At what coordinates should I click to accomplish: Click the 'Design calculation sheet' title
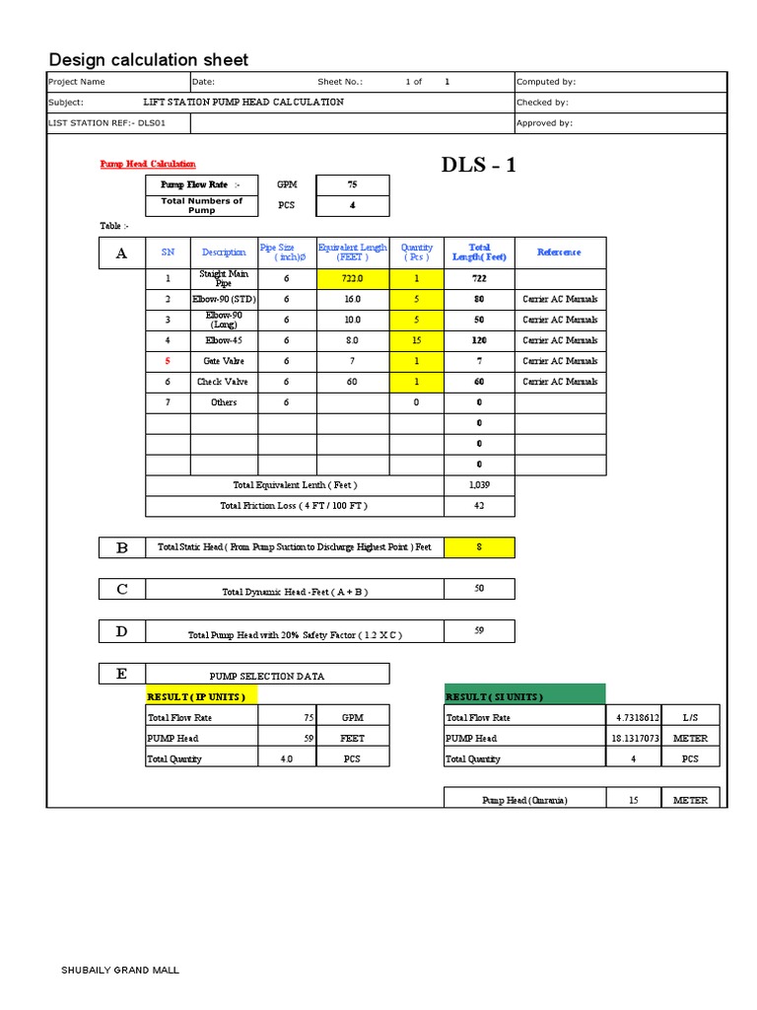[148, 60]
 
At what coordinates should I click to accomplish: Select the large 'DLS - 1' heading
[479, 165]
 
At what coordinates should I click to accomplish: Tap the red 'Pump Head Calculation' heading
[148, 164]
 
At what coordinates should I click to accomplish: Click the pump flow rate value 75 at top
[352, 184]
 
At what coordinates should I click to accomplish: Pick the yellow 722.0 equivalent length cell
[352, 278]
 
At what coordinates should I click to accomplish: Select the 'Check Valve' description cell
[224, 382]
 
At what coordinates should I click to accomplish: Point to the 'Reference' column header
[559, 252]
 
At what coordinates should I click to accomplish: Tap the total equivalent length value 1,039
[479, 485]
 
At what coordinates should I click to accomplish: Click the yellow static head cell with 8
[479, 547]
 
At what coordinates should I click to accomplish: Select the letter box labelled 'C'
[121, 589]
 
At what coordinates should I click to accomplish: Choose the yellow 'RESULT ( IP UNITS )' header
[202, 696]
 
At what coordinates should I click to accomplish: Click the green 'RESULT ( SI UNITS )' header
[524, 696]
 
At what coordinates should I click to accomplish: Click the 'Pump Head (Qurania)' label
[524, 800]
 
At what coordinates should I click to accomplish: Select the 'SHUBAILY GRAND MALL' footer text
[120, 971]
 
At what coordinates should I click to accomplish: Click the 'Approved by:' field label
[544, 123]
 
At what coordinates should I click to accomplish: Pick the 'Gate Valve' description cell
[224, 361]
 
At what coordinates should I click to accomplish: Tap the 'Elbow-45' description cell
[224, 340]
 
